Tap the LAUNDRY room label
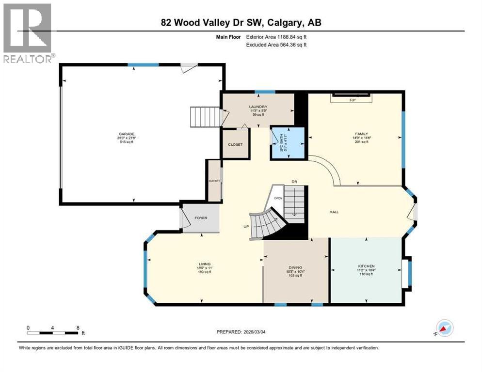pyautogui.click(x=258, y=107)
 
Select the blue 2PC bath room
pyautogui.click(x=287, y=143)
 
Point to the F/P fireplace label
pyautogui.click(x=353, y=100)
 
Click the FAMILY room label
pyautogui.click(x=361, y=134)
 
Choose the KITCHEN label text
pyautogui.click(x=366, y=266)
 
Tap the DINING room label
pyautogui.click(x=295, y=267)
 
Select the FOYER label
pyautogui.click(x=201, y=218)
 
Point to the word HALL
pyautogui.click(x=334, y=212)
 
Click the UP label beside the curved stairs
pyautogui.click(x=246, y=226)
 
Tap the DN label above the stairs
pyautogui.click(x=294, y=181)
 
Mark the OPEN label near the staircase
pyautogui.click(x=278, y=198)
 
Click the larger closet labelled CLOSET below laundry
pyautogui.click(x=235, y=144)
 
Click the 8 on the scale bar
pyautogui.click(x=78, y=327)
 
